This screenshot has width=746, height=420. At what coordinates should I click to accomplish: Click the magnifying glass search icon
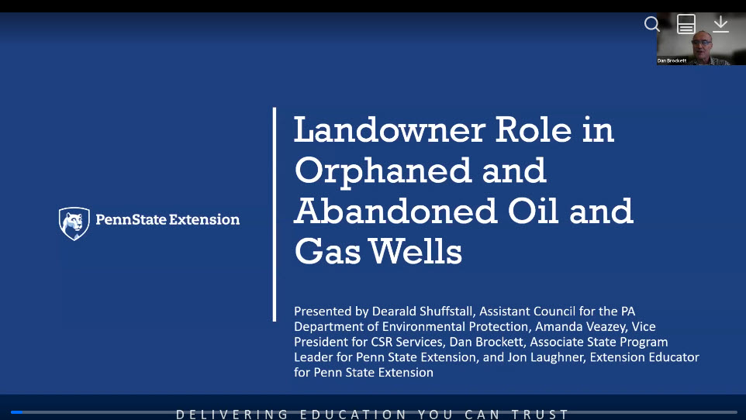point(652,24)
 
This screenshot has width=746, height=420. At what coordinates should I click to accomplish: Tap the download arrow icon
point(721,24)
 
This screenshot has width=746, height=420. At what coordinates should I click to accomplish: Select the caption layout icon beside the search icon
point(686,24)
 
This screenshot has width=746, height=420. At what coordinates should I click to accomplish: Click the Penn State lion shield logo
point(74,223)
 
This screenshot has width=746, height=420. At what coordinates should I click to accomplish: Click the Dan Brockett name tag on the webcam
point(672,60)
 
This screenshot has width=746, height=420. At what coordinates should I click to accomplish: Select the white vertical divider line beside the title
point(275,214)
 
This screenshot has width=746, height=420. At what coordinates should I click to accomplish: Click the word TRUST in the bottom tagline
point(544,415)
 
